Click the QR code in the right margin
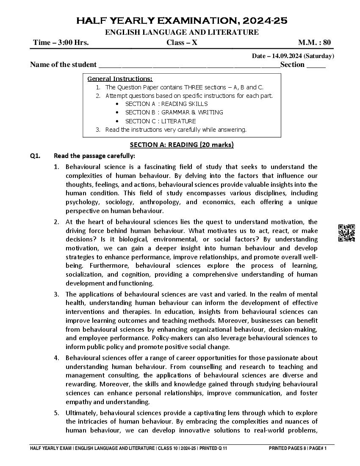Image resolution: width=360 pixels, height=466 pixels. point(346,233)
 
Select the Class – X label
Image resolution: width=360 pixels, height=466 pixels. point(182,42)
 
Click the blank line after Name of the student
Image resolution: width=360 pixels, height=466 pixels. point(189,65)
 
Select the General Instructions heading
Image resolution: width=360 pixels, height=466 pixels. point(120,79)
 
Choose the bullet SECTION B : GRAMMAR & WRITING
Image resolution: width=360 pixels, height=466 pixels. point(174,112)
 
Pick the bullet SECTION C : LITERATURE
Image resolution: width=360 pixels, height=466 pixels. point(160,121)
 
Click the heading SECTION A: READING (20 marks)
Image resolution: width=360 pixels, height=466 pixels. point(182,144)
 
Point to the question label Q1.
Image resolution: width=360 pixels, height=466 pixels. point(35,155)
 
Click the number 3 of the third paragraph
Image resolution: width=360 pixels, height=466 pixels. point(56,294)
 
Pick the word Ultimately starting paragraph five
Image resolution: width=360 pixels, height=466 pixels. point(81,413)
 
